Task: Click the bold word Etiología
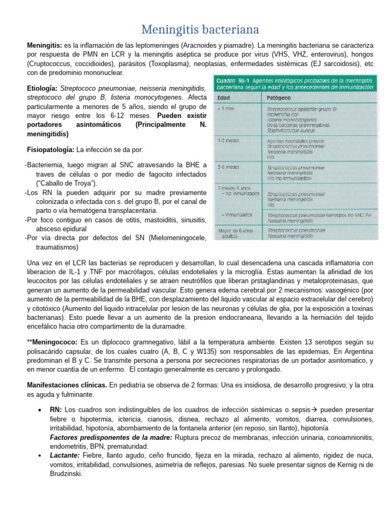click(x=42, y=88)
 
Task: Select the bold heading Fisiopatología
click(x=50, y=150)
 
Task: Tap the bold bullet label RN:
click(x=56, y=410)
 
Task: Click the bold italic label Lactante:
click(x=65, y=456)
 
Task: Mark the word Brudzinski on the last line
click(x=65, y=474)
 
